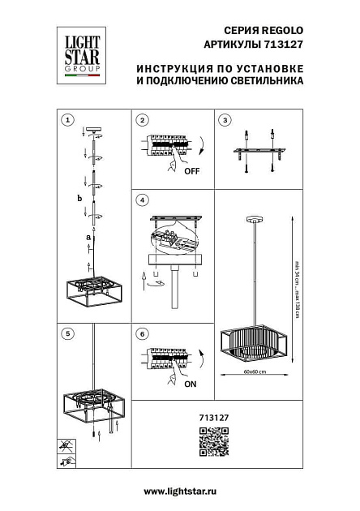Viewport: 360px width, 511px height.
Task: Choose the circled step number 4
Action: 143,200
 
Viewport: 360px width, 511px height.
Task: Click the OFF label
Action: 191,173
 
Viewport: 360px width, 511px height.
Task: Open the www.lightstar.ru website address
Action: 179,492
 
